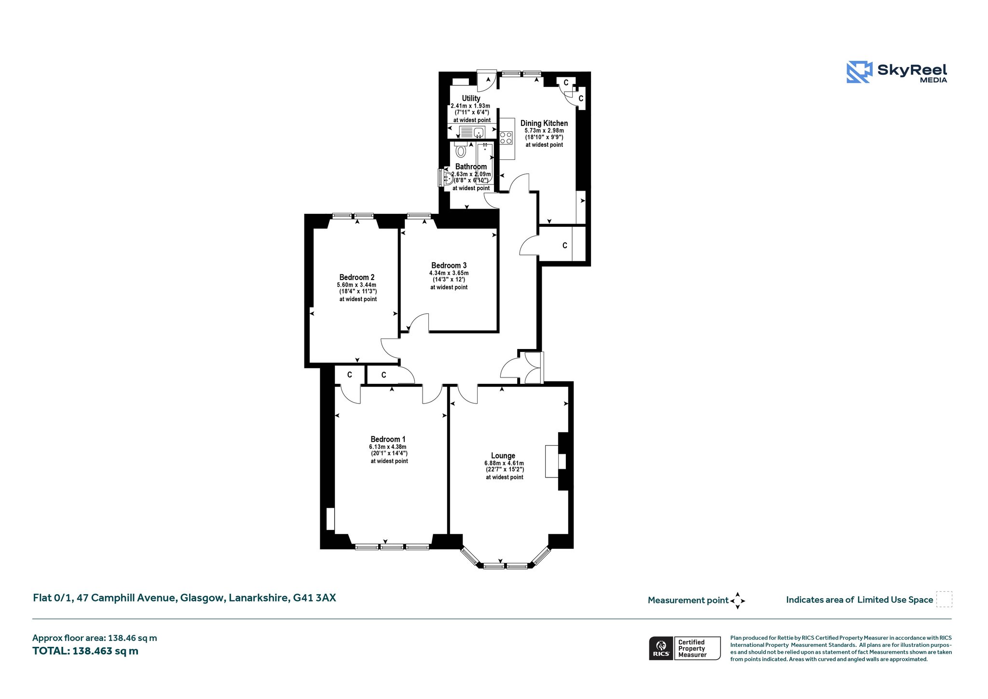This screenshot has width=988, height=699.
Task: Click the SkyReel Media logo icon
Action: tap(859, 72)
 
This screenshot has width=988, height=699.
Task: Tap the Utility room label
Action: tap(471, 98)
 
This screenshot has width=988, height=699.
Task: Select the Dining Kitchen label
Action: tap(544, 123)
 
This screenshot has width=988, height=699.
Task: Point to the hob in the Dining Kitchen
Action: tap(506, 138)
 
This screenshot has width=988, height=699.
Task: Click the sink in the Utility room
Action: tap(472, 132)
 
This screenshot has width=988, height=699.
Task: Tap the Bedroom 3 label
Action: tap(449, 266)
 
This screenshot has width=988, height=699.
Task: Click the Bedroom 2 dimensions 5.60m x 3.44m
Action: tap(357, 285)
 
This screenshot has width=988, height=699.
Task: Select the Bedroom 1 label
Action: tap(388, 439)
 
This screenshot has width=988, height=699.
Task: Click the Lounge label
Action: tap(503, 456)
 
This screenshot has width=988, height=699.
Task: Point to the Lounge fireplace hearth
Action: tap(552, 461)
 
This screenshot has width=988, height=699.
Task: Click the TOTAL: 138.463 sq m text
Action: tap(85, 651)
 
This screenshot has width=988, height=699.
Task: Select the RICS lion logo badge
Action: tap(661, 648)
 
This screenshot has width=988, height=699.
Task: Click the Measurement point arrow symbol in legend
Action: tap(738, 601)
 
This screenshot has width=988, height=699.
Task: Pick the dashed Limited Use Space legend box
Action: tap(944, 599)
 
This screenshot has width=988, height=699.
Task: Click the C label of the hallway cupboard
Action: tap(564, 246)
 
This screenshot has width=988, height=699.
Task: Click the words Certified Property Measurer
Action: tap(692, 648)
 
